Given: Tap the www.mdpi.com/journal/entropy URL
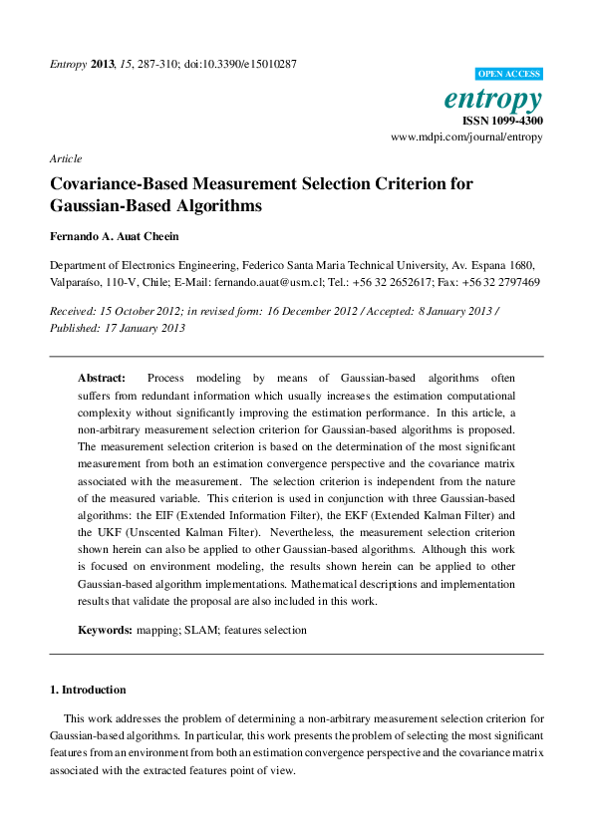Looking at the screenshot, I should (466, 137).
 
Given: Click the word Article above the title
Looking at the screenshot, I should (65, 158).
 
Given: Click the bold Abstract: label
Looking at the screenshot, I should (102, 379).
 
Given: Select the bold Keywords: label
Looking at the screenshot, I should (105, 630).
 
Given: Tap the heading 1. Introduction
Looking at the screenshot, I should (88, 690).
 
